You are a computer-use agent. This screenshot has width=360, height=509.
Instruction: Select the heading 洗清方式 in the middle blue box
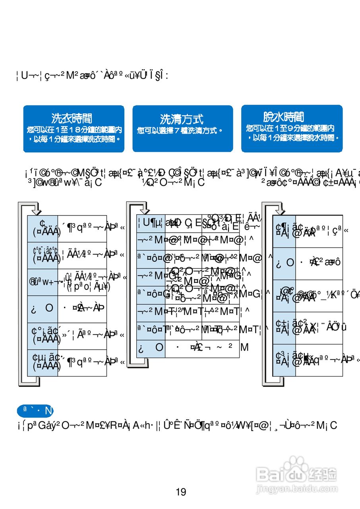click(182, 119)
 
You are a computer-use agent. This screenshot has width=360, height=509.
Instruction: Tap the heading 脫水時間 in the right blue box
click(283, 117)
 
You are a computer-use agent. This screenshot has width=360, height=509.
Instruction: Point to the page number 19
click(181, 492)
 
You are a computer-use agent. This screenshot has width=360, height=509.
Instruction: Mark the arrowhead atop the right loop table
click(280, 210)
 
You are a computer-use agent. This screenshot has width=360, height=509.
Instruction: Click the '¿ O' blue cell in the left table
click(43, 309)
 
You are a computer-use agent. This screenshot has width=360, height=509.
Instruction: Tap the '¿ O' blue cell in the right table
click(284, 263)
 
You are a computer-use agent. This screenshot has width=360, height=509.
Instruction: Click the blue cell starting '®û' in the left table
click(43, 282)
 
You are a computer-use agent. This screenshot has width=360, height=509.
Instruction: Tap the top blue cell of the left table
click(43, 228)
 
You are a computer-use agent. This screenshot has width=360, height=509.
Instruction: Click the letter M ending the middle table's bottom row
click(244, 348)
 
